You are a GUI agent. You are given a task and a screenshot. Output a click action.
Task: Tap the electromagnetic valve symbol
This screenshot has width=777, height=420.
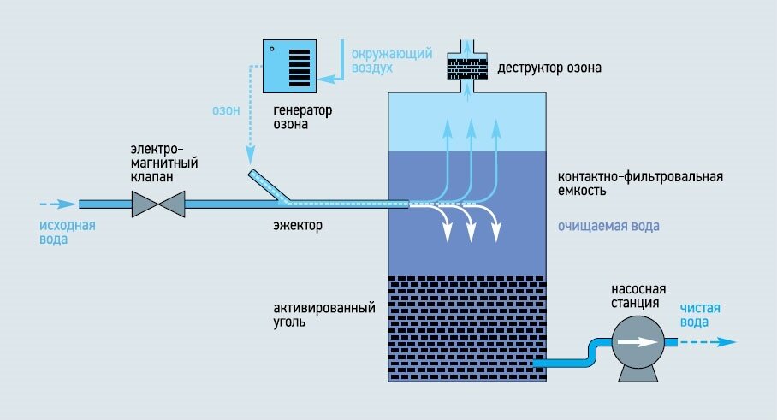coord(159,204)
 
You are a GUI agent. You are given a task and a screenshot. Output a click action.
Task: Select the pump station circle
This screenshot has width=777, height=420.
coord(636,342)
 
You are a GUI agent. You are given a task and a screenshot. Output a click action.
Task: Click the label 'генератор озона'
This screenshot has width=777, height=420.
coord(302,118)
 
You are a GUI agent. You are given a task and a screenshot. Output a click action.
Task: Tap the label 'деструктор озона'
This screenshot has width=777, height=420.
coord(544,66)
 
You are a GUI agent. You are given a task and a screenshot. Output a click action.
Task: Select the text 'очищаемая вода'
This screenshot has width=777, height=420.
coord(608,226)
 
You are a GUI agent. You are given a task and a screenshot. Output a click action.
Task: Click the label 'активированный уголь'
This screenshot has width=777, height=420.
coord(325,316)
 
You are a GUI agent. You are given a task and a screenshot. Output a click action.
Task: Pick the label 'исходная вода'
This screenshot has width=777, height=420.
coord(66,233)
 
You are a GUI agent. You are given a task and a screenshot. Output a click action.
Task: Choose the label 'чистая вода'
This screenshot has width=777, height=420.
coord(701,316)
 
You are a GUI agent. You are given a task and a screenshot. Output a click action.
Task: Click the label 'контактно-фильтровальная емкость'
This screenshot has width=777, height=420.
coord(640,184)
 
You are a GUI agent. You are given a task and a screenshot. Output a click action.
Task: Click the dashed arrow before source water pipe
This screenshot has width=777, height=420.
coord(56,204)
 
